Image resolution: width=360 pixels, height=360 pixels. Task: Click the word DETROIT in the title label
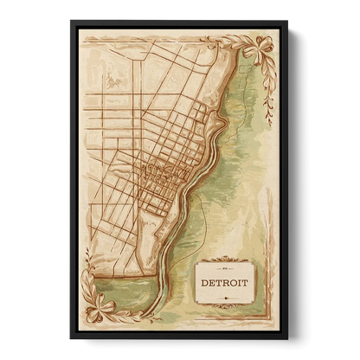[x=224, y=283]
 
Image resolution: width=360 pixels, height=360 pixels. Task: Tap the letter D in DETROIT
[x=204, y=283]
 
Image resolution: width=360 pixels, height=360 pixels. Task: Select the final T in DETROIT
[x=245, y=283]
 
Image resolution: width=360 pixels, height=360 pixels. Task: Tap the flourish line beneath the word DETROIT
[x=224, y=297]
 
